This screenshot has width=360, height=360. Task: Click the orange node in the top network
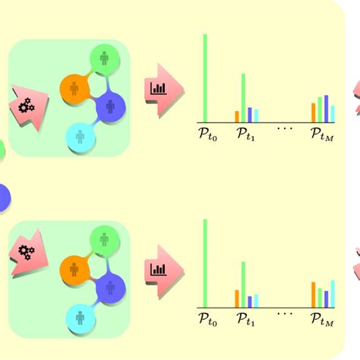[74, 89]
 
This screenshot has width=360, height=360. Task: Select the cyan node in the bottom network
[81, 318]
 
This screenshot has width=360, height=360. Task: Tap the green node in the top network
[105, 59]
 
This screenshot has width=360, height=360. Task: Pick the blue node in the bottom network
[110, 289]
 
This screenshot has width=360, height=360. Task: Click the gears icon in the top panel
[27, 106]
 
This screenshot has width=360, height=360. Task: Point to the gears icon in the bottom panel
[27, 253]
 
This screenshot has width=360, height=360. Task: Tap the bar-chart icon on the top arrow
[159, 89]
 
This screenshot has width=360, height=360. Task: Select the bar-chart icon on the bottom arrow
[159, 270]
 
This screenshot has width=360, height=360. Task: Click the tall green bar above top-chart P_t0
[205, 78]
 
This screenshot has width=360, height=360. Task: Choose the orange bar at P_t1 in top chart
[237, 117]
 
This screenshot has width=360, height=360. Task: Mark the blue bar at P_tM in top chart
[327, 109]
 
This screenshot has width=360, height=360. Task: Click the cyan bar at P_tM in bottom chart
[333, 294]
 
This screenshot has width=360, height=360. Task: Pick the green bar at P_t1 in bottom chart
[243, 285]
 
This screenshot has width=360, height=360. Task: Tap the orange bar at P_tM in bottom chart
[314, 295]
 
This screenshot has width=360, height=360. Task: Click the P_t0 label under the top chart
[208, 134]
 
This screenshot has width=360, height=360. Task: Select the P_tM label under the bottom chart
[322, 320]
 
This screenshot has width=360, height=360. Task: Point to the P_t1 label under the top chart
[246, 134]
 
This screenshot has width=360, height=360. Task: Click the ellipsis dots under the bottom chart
[285, 314]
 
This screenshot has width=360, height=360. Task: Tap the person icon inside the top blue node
[110, 106]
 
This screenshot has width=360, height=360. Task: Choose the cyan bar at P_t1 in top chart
[256, 116]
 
